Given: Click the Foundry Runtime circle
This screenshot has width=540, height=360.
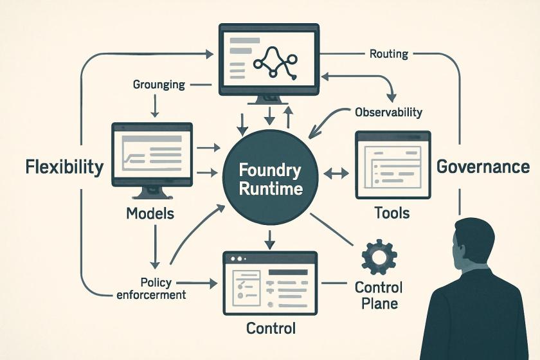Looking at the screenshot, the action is coord(271,177).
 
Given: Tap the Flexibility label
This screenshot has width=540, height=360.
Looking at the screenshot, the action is coord(65,167).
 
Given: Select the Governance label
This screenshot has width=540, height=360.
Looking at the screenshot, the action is coord(483,167).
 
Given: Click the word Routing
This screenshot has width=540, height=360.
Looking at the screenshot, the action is coord(389,54).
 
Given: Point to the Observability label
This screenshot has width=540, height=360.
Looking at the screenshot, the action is coord(388,113).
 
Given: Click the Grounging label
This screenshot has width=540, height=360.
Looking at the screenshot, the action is coord(159,85).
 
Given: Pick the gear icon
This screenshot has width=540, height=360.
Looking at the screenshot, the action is coord(379,256).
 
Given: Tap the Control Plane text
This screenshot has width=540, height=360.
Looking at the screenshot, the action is coord(379,296).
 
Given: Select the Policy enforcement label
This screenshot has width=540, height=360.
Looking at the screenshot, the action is coord(152,289).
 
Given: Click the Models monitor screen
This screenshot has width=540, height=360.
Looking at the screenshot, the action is coord(152,154).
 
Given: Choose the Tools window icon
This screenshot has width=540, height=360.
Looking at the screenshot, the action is coord(393,165).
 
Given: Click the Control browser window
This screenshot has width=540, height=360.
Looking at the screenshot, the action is coord(270,283).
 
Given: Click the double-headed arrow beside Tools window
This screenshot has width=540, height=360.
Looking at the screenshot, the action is coord(336,174).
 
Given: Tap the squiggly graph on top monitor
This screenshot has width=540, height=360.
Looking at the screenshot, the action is coord(275,63).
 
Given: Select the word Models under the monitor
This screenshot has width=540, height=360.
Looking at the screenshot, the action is coord(150,213).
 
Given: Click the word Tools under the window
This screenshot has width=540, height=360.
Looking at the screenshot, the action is coord(392,213).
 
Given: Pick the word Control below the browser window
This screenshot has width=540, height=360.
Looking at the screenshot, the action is coord(271,328).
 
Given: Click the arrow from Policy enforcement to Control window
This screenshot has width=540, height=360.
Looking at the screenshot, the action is coord(197,283).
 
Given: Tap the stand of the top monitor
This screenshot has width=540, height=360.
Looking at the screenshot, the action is coord(269,100).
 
